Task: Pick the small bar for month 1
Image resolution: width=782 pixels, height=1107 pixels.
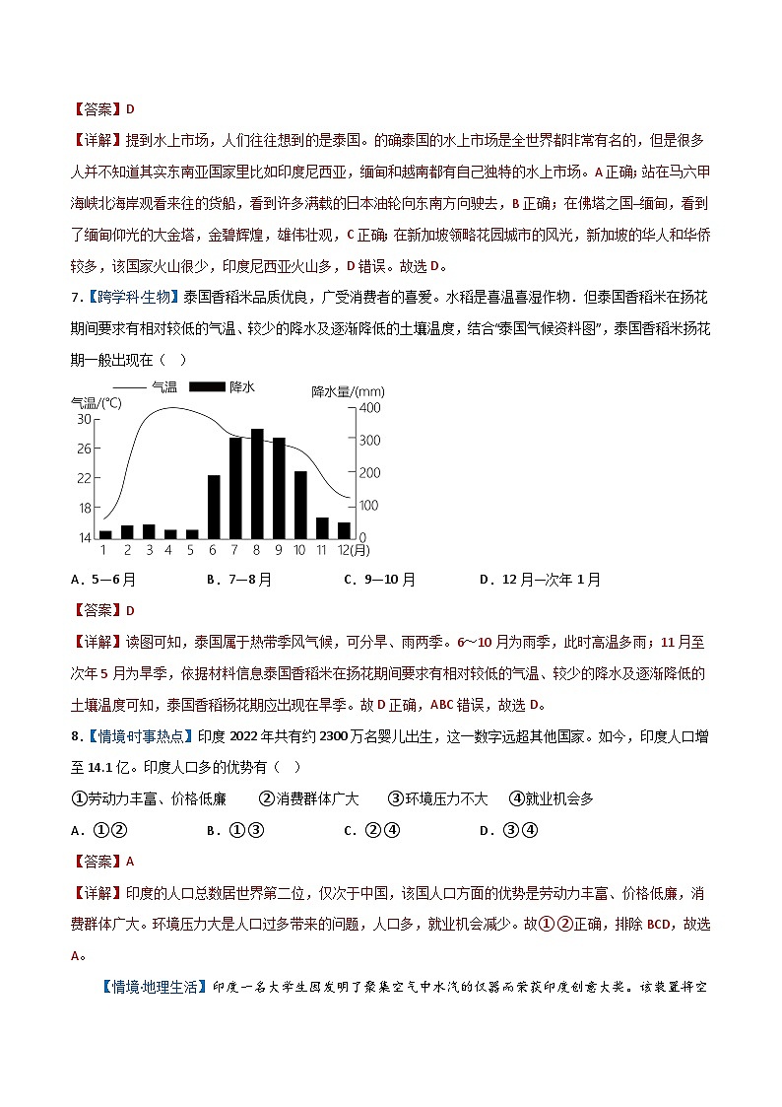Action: tap(105, 534)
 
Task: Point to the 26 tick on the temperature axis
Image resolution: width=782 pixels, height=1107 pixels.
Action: tap(84, 449)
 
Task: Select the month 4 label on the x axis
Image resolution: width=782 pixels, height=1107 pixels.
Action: tap(170, 550)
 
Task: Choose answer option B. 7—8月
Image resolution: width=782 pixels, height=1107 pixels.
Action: tap(239, 580)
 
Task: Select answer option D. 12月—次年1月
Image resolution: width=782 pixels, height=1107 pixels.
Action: tap(540, 580)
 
